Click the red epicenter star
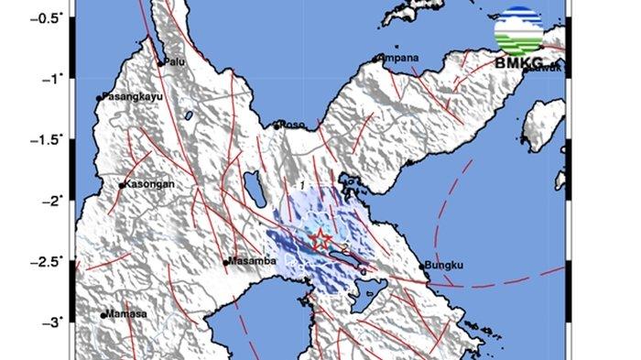click(x=321, y=239)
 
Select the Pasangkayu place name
click(x=129, y=96)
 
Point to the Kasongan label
click(x=150, y=183)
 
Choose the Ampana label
click(x=400, y=58)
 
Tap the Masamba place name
click(x=252, y=261)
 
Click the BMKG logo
click(x=517, y=37)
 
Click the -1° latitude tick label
click(x=53, y=79)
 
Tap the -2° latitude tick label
click(x=53, y=200)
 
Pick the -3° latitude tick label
click(x=53, y=322)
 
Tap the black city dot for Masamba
click(x=226, y=263)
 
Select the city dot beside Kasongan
click(x=122, y=185)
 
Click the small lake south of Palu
click(x=188, y=116)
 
